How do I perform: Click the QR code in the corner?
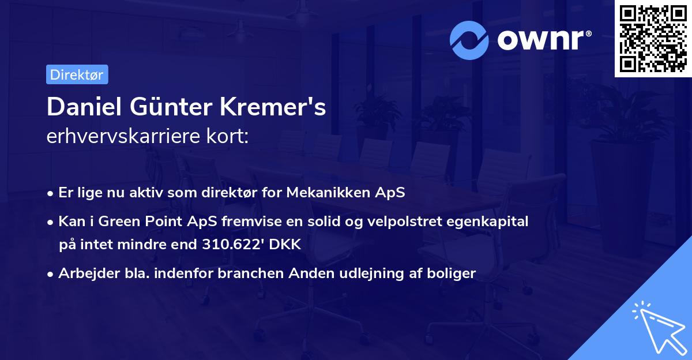(653, 39)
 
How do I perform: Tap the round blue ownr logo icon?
(469, 40)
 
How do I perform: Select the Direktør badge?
(77, 74)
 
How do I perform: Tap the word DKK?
(286, 245)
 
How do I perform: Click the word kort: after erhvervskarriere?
(231, 136)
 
